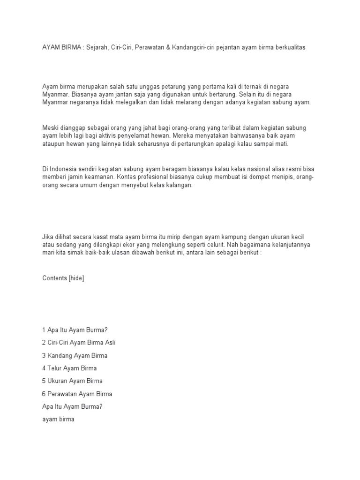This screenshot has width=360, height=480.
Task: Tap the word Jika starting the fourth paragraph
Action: (48, 237)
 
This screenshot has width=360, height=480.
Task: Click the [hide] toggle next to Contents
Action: (76, 278)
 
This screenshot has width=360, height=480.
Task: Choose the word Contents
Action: (54, 278)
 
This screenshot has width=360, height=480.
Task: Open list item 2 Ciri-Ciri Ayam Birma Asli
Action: (78, 343)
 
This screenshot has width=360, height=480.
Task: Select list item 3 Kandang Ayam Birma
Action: (75, 356)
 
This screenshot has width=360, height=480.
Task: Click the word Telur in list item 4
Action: (55, 368)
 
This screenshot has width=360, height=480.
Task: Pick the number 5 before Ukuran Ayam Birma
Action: (44, 381)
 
